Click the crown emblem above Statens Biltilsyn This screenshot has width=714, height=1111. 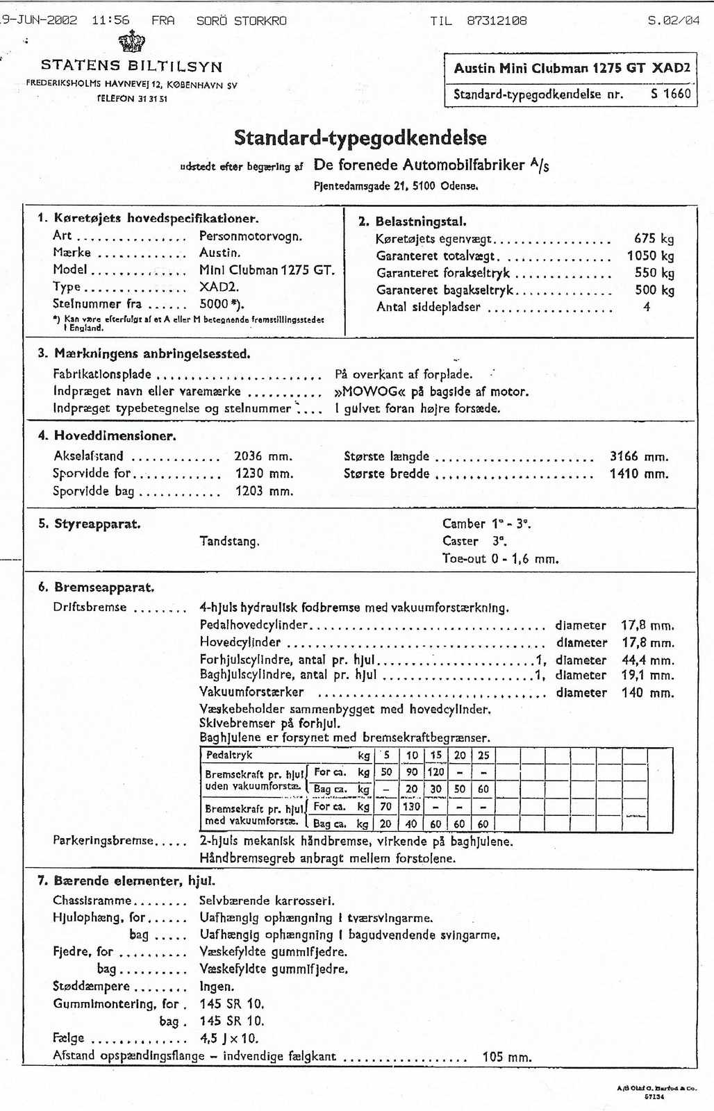coord(132,42)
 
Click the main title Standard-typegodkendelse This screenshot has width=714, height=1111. coord(360,137)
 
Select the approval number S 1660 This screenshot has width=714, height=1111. coord(670,94)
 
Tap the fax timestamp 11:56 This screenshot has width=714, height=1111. coord(110,20)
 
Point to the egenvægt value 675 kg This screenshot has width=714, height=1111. coord(654,239)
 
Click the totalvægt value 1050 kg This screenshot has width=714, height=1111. coord(650,256)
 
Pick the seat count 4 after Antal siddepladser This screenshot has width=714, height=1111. coord(647,307)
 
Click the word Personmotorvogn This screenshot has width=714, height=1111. coord(250,236)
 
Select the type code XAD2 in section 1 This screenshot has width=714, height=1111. coord(218,287)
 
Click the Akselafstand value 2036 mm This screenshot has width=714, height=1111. coord(263,456)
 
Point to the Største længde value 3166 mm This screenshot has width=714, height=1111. coord(638,456)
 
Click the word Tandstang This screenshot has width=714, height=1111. coord(229,542)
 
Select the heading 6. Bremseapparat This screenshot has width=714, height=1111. coord(96,587)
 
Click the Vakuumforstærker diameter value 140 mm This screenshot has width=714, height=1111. coord(647,693)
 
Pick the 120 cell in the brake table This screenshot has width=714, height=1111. coord(435,771)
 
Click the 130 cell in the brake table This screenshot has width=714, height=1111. coord(411,807)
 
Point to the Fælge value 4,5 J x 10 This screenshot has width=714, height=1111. coord(229,1039)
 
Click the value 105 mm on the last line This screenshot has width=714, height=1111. coord(506,1057)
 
